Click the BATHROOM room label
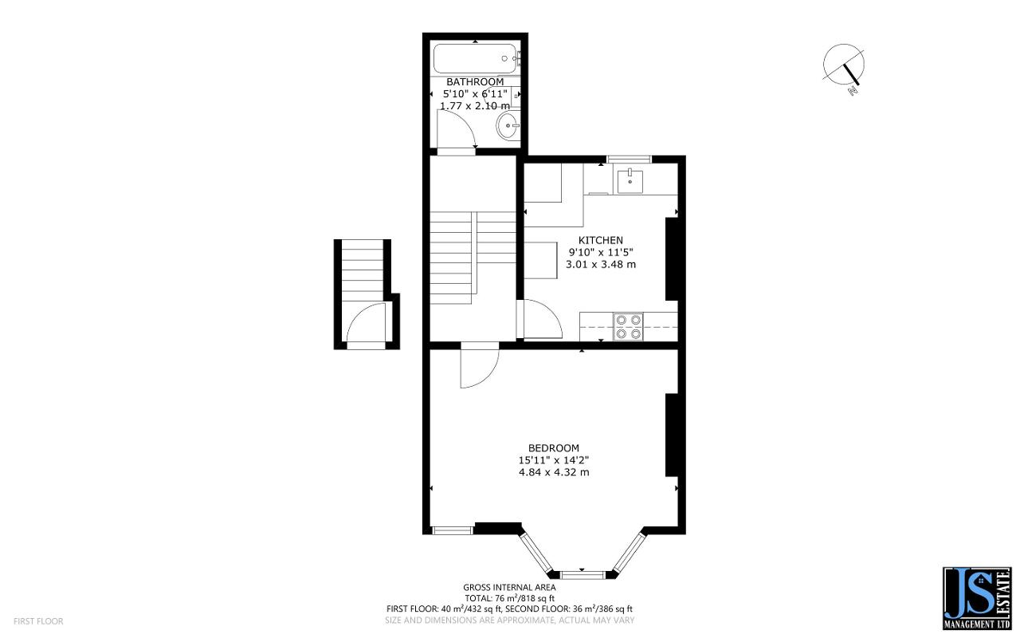[x=474, y=82]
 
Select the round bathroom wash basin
[x=507, y=124]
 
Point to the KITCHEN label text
[x=600, y=240]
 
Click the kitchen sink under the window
[x=630, y=181]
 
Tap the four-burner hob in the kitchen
[x=629, y=327]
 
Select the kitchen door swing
[x=539, y=319]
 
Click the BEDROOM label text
[x=553, y=448]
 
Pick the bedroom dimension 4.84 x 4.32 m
[x=553, y=472]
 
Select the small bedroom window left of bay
[x=452, y=530]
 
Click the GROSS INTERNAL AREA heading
[x=509, y=587]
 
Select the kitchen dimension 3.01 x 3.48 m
[x=600, y=264]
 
